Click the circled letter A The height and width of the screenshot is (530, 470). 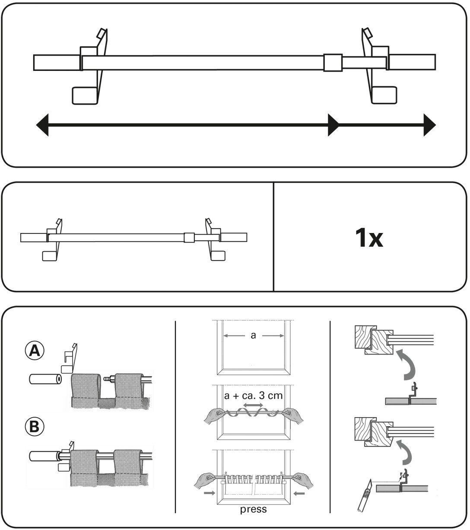[33, 351]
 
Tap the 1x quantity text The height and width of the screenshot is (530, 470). [368, 238]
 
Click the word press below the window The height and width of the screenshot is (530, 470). [254, 509]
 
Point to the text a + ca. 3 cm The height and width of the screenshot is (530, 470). [253, 396]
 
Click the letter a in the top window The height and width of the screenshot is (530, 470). [253, 335]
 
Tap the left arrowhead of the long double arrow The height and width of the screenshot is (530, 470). [42, 125]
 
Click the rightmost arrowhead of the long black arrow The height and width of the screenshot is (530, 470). [429, 125]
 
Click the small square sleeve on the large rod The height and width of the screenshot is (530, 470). [333, 62]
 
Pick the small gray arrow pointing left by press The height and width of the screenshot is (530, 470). [299, 492]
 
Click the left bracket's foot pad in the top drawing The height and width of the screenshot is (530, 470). [84, 95]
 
